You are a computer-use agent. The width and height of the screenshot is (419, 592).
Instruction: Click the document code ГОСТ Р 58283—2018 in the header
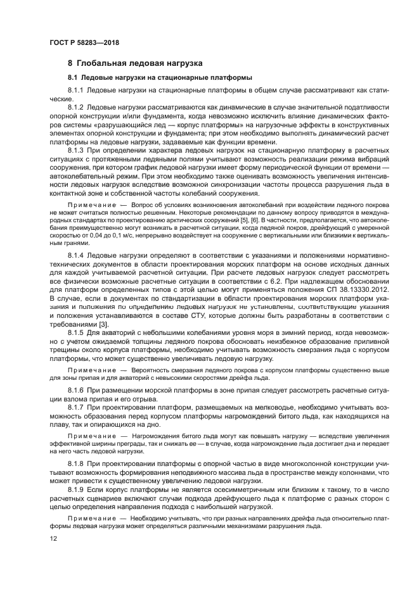pos(84,42)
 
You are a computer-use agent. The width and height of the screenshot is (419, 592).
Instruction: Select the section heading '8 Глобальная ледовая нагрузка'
pos(135,64)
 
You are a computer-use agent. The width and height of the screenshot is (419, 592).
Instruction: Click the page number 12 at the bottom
pos(53,538)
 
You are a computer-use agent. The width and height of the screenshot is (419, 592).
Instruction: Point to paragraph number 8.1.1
pos(77,91)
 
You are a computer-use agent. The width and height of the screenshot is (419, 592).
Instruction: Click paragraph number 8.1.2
pos(77,108)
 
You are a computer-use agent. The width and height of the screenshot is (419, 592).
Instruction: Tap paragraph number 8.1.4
pos(77,255)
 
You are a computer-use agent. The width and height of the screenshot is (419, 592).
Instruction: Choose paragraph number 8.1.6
pos(77,388)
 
